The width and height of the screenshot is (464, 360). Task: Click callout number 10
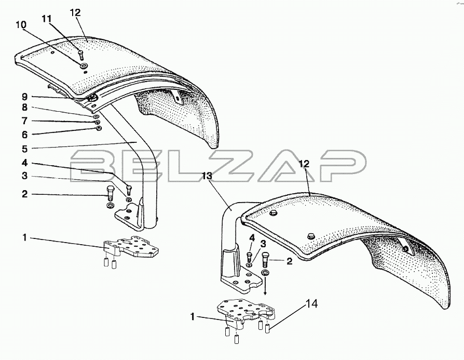tap(21, 25)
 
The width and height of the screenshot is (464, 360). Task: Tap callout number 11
tap(47, 19)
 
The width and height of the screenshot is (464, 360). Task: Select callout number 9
tap(24, 97)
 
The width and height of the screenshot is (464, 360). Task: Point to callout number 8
tap(24, 107)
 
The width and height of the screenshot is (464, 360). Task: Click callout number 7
tap(24, 121)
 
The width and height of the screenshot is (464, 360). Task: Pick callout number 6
tap(24, 135)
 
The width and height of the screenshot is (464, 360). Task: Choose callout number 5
tap(24, 149)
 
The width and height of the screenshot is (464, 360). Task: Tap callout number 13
tap(207, 176)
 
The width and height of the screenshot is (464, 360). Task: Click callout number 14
tap(311, 304)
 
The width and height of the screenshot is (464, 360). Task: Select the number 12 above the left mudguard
tap(75, 13)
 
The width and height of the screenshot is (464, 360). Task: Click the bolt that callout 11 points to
tap(81, 55)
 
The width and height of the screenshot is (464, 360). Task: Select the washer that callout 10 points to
tap(85, 65)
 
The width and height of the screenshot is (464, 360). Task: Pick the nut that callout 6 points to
tap(99, 128)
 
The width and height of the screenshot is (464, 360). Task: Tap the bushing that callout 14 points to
tap(267, 328)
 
